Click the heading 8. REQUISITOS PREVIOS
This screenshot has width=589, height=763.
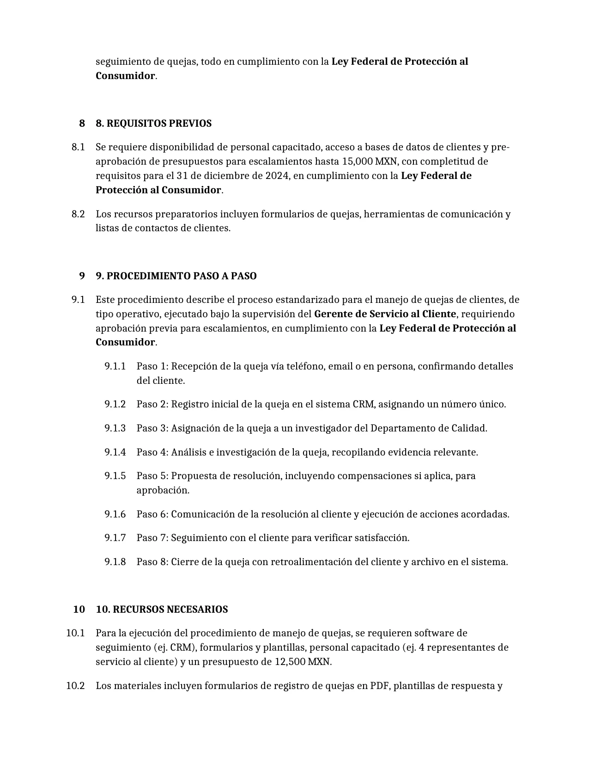coord(153,123)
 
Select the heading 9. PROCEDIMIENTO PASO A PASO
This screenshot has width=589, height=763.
coord(176,276)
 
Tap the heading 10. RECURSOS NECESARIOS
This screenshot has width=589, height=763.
coord(162,609)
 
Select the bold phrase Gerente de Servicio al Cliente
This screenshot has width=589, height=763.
coord(385,314)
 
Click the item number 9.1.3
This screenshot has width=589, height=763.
coord(115,428)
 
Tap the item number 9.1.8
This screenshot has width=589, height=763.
coord(115,562)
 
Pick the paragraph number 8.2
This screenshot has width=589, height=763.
coord(78,214)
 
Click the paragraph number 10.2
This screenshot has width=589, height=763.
coord(75,686)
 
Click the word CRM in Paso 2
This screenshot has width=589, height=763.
coord(364,404)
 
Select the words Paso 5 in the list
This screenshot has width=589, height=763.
coord(152,476)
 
